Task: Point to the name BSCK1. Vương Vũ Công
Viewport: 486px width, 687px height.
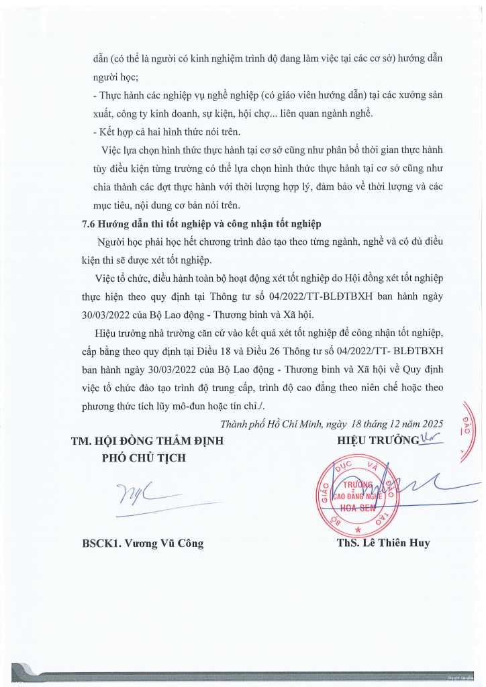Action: [142, 543]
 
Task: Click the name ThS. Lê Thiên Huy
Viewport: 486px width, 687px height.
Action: [383, 543]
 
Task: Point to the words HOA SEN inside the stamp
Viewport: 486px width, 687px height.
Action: [356, 508]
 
